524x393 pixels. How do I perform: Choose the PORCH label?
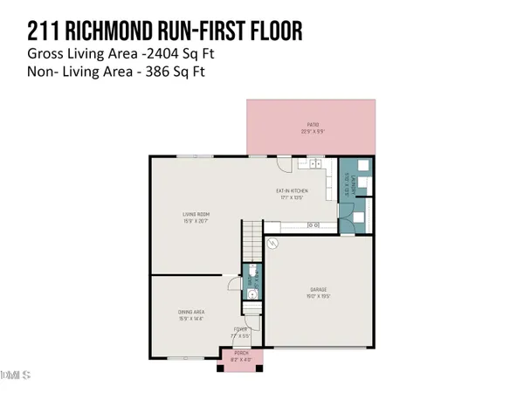tap(241, 353)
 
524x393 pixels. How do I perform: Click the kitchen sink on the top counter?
tap(314, 163)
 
